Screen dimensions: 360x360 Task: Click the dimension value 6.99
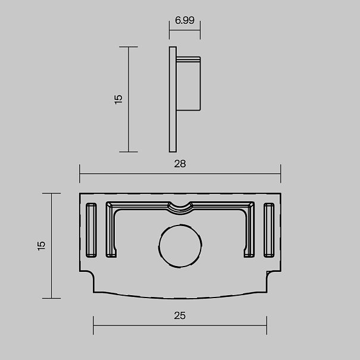tap(184, 20)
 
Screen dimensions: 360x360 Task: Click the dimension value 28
tap(180, 164)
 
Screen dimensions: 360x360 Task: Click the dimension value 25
tap(180, 316)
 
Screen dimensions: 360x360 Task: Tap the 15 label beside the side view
tap(118, 99)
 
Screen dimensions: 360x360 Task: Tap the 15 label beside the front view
tap(41, 246)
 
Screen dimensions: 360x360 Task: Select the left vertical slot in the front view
tap(91, 230)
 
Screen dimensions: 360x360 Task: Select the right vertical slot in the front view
tap(269, 230)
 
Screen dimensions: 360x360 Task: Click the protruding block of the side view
tap(189, 84)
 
